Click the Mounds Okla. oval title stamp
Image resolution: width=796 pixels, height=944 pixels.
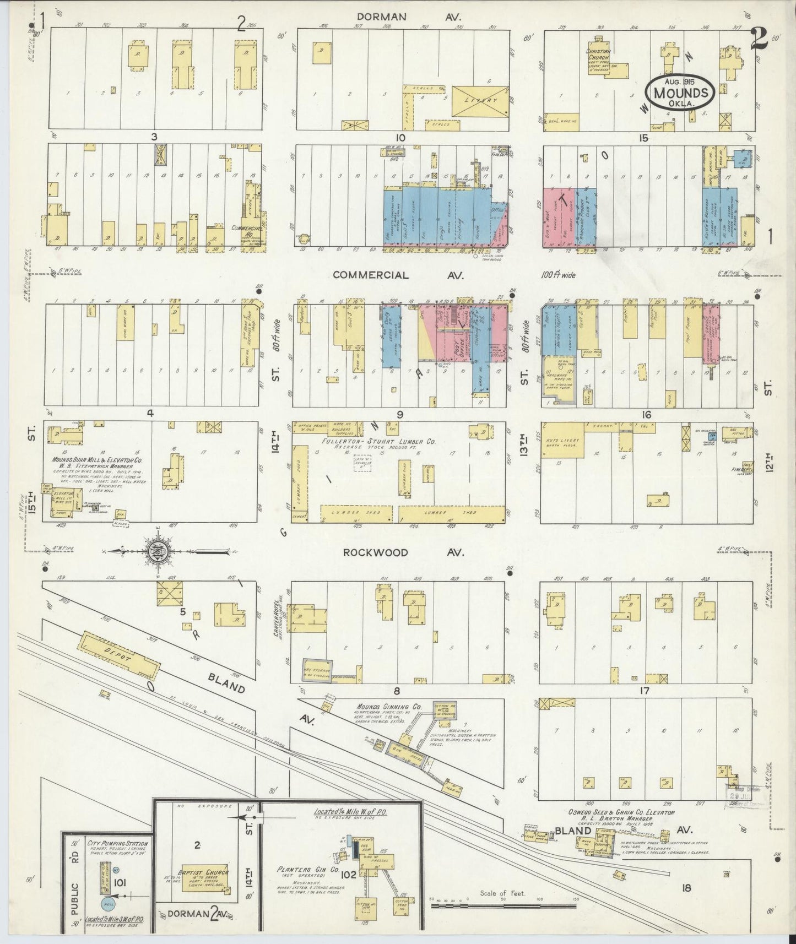681,91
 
